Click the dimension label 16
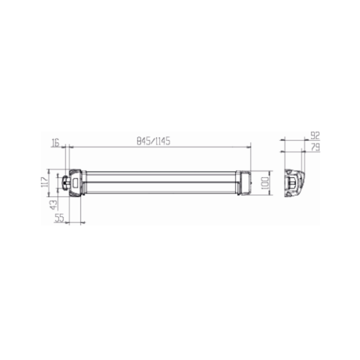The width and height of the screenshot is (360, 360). pyautogui.click(x=55, y=143)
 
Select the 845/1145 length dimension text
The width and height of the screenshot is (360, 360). pyautogui.click(x=154, y=141)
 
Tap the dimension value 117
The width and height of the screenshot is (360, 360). pyautogui.click(x=45, y=182)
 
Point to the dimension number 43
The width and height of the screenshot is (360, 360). pyautogui.click(x=53, y=205)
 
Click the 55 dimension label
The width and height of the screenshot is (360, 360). pyautogui.click(x=59, y=218)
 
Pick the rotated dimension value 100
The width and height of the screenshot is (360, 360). pyautogui.click(x=265, y=183)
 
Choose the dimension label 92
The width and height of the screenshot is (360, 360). pyautogui.click(x=315, y=136)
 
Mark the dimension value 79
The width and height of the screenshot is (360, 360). pyautogui.click(x=316, y=147)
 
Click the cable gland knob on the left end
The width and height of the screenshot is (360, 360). pyautogui.click(x=66, y=182)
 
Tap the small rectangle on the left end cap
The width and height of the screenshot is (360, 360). pyautogui.click(x=76, y=184)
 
